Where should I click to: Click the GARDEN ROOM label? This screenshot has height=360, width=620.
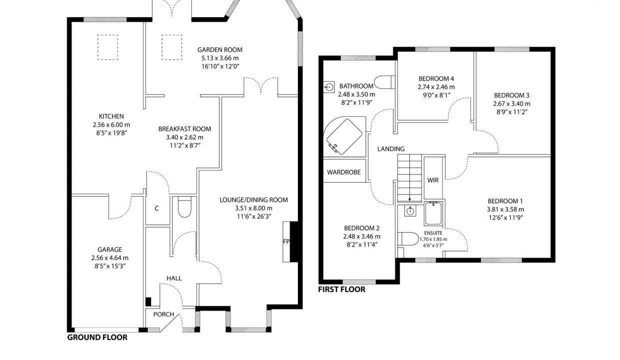point(220,50)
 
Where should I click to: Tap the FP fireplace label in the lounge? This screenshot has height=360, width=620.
point(286,241)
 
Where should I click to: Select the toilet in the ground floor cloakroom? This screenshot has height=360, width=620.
point(184,206)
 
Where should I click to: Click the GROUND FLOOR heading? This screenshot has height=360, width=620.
point(97,337)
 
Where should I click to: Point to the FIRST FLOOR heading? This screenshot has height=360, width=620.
point(341,289)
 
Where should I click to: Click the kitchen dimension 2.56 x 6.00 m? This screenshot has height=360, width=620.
point(111,125)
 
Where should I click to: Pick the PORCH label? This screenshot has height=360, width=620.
point(163,314)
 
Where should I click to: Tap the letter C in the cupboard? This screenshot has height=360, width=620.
point(156,208)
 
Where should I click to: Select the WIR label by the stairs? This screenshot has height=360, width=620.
point(433,180)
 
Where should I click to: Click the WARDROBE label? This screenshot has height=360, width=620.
point(344,172)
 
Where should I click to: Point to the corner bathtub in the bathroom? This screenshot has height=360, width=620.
point(344,136)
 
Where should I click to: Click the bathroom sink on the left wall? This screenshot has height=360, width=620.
point(329,87)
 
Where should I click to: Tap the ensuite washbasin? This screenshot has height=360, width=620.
point(410,211)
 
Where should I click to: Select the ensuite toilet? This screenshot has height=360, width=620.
point(408,239)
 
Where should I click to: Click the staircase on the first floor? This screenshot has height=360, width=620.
point(409,178)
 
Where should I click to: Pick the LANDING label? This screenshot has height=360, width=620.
point(391,149)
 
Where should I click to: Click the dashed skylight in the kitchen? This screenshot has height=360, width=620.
point(107,47)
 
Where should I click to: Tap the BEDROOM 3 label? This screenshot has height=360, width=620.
point(511,95)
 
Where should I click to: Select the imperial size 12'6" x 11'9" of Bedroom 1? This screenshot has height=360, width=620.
point(505,218)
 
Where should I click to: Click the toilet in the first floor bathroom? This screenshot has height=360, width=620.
point(384,82)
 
